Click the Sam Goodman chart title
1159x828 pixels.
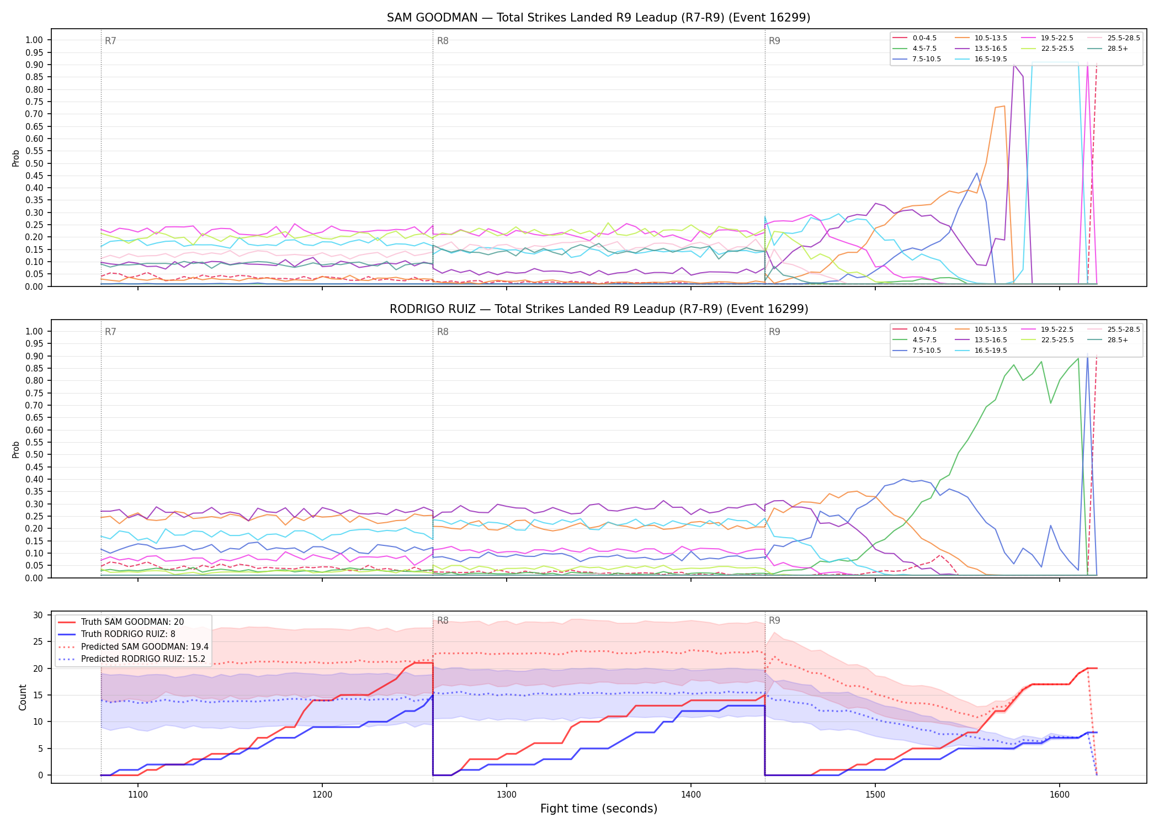click(x=598, y=18)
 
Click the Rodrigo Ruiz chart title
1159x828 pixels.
click(x=599, y=309)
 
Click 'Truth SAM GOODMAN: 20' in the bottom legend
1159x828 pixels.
click(x=132, y=622)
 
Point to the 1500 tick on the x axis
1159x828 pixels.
click(x=875, y=795)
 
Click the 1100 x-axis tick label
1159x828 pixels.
click(x=138, y=795)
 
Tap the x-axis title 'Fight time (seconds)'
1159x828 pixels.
click(x=599, y=809)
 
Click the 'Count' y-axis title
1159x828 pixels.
click(x=23, y=697)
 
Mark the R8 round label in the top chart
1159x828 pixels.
click(x=443, y=41)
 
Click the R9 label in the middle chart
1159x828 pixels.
click(x=774, y=332)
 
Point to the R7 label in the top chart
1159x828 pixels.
click(x=110, y=41)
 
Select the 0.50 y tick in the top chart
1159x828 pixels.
click(x=34, y=163)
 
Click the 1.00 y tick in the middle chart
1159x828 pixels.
click(x=34, y=331)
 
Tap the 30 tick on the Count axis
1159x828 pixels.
click(x=38, y=615)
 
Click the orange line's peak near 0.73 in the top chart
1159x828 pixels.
click(x=1004, y=106)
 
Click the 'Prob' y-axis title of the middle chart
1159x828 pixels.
click(x=16, y=449)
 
